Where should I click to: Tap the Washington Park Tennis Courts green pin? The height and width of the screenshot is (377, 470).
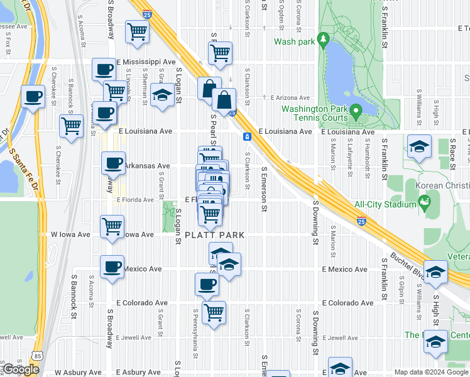356,112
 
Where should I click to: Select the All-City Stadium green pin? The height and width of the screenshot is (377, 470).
425,203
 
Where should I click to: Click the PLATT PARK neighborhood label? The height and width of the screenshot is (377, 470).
210,235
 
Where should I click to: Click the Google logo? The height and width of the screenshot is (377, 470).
20,369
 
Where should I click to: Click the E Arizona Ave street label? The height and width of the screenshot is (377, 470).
290,98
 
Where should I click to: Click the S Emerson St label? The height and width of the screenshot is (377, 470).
265,189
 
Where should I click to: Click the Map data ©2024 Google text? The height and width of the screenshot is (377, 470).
430,372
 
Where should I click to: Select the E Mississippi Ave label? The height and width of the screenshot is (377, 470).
146,62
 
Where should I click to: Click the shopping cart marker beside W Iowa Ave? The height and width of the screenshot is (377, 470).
112,226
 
